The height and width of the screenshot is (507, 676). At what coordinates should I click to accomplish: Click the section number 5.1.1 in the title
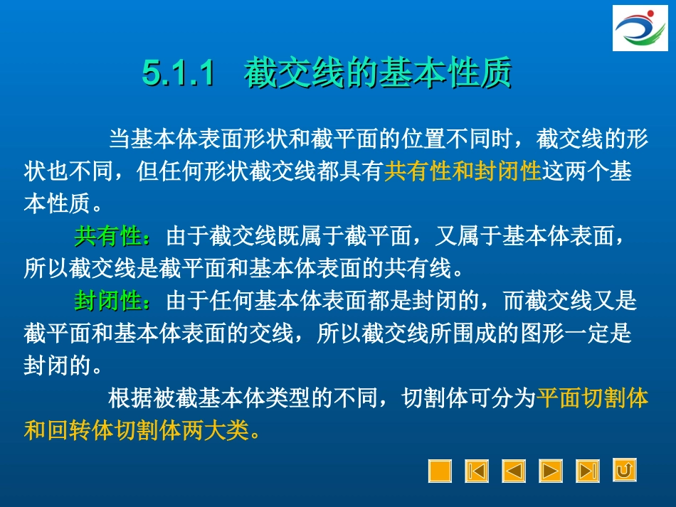pos(179,74)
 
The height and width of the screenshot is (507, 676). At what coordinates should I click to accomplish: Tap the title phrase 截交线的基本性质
pos(378,74)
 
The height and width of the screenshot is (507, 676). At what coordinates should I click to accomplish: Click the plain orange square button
pos(440,471)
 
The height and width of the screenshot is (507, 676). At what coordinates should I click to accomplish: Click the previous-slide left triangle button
pos(514,471)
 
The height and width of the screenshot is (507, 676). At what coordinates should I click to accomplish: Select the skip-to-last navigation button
pos(588,471)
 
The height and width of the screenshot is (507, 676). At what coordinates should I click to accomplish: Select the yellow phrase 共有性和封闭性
pos(463,171)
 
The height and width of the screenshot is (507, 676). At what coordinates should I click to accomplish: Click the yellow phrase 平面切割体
pos(593,398)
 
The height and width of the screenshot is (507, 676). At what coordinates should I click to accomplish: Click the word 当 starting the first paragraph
pos(119,139)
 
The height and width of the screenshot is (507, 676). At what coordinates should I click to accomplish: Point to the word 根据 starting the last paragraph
pos(130,398)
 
